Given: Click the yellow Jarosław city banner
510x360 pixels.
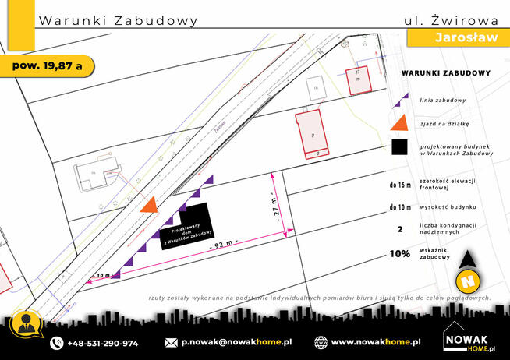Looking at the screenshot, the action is point(455,38).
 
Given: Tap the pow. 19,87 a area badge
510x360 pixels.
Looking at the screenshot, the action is point(48,65).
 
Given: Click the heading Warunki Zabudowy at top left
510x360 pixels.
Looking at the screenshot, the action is point(117,19).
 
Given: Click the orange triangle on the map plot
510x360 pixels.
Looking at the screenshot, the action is point(149,204).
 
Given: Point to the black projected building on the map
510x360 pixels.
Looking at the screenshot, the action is point(189,227).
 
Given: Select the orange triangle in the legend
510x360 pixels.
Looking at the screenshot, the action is point(398,122).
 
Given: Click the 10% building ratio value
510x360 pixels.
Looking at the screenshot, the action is point(400,254).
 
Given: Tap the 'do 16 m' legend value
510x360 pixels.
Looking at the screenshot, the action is point(400,185).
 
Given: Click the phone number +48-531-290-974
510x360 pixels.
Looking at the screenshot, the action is point(102,342).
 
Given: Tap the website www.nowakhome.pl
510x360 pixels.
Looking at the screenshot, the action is point(376,342).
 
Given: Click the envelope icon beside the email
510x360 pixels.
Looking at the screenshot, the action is point(172,342).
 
